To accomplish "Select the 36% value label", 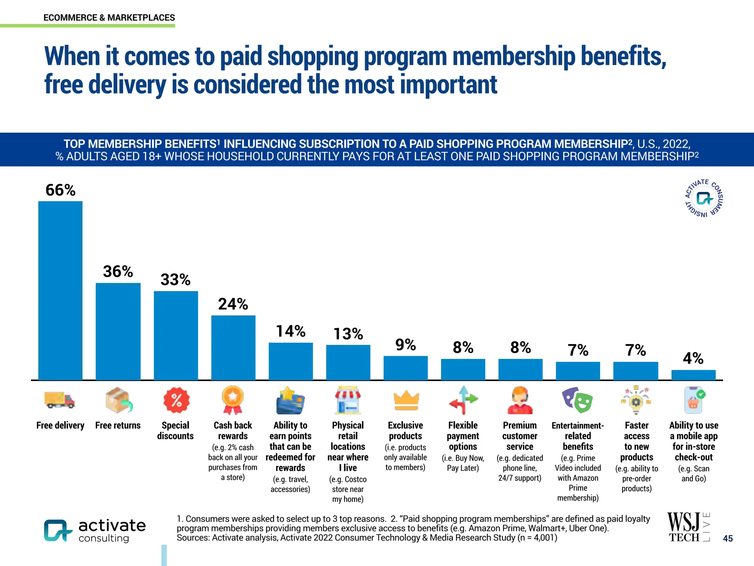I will [x=118, y=272].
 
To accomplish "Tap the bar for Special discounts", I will [x=176, y=335].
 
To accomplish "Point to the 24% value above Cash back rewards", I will [x=233, y=304].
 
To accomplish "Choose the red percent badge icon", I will [x=176, y=400].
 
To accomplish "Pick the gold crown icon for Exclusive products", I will [x=406, y=401].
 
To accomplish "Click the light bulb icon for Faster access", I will [x=636, y=401].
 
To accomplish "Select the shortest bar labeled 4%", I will [x=693, y=375].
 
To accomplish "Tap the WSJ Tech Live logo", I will [x=688, y=527].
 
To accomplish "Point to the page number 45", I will [x=727, y=538].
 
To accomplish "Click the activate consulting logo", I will [x=95, y=531].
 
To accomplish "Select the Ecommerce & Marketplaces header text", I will [x=109, y=18].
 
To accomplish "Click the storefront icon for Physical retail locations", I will [x=348, y=401].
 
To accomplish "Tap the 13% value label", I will [x=348, y=334].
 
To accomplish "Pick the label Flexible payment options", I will [x=463, y=436].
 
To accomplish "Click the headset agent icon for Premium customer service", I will [x=520, y=401].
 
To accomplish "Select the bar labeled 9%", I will [x=405, y=368].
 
